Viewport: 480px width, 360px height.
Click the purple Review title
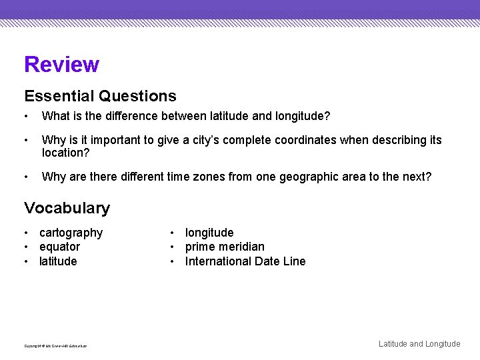(61, 65)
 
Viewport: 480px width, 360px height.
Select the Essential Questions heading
(100, 97)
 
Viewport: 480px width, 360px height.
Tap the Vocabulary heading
(67, 208)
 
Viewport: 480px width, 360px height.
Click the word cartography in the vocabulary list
(71, 233)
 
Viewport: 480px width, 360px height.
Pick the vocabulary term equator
(59, 247)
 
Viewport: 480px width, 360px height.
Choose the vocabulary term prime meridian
(225, 247)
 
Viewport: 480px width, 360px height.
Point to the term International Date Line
(245, 261)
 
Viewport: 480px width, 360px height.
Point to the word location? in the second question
(65, 153)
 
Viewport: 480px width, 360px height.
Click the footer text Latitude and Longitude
(419, 344)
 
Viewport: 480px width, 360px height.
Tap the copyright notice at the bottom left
(55, 346)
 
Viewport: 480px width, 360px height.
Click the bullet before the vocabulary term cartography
(25, 233)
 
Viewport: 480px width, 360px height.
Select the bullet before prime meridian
(172, 247)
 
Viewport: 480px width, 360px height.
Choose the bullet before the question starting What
(25, 117)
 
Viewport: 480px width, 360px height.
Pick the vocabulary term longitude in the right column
(209, 233)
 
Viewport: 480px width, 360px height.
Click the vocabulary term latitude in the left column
(58, 261)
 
